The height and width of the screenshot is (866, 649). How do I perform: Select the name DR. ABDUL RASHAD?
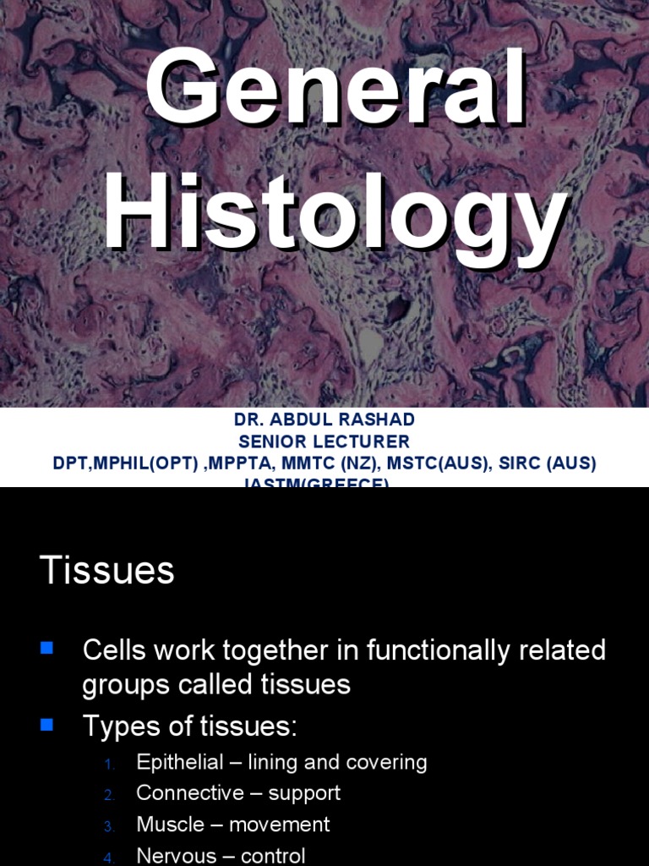324,420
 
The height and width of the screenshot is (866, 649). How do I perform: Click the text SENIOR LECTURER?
324,441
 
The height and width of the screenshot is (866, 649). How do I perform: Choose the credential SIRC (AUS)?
551,464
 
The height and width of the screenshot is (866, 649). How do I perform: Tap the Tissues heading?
106,571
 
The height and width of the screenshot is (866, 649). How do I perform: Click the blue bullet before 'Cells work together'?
46,649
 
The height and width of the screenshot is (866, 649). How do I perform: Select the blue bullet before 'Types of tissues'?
46,724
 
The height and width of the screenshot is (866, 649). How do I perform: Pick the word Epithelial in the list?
181,762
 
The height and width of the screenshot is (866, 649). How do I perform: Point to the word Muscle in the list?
170,825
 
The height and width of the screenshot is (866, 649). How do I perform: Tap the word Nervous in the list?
176,856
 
